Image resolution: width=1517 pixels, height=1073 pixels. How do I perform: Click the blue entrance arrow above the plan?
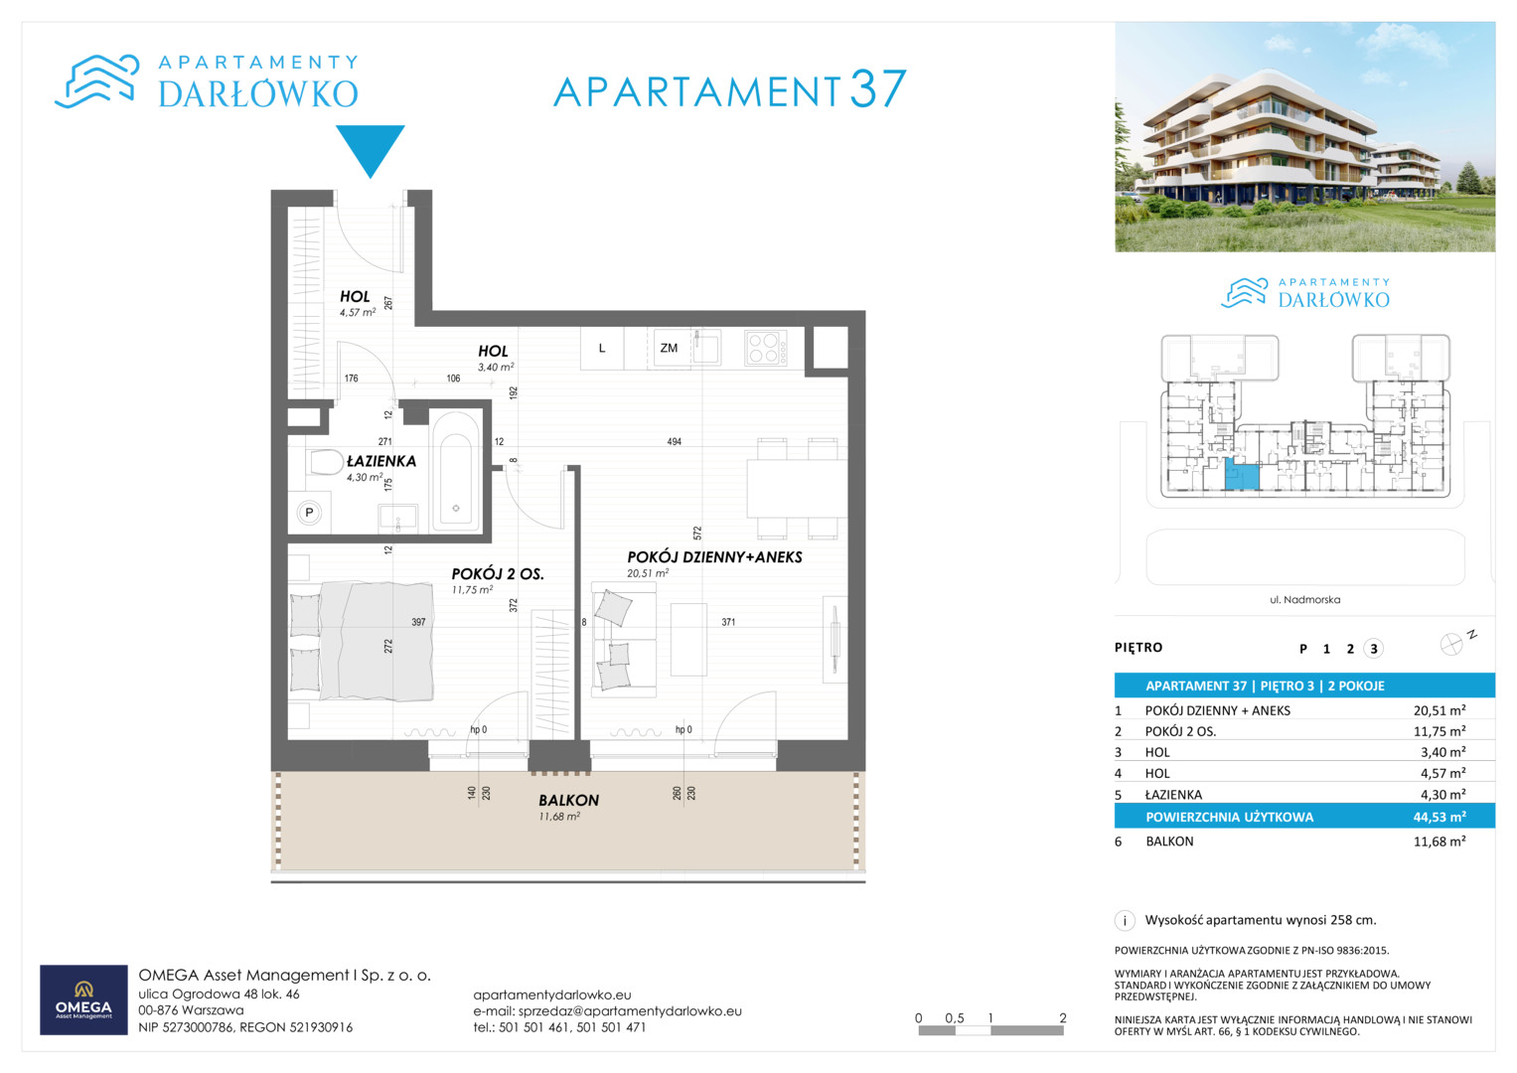pyautogui.click(x=371, y=148)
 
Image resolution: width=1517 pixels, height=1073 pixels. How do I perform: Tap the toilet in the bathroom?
pyautogui.click(x=326, y=463)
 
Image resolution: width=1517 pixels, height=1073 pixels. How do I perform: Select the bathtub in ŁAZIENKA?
pyautogui.click(x=456, y=472)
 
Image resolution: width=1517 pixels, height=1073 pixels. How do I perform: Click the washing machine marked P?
pyautogui.click(x=310, y=513)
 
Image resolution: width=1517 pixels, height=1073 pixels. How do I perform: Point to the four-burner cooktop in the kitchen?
pyautogui.click(x=765, y=348)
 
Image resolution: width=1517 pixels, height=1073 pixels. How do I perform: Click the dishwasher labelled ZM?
pyautogui.click(x=669, y=348)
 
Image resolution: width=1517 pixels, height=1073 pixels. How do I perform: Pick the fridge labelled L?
pyautogui.click(x=602, y=348)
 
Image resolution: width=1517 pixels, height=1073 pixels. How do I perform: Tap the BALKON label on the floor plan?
pyautogui.click(x=569, y=800)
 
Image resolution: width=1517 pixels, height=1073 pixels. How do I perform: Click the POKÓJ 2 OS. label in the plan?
pyautogui.click(x=498, y=574)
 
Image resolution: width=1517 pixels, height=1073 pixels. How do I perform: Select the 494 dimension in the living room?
pyautogui.click(x=674, y=442)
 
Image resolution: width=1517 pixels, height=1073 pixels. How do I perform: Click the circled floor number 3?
pyautogui.click(x=1373, y=649)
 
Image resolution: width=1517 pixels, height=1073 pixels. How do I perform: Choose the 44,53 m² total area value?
pyautogui.click(x=1440, y=817)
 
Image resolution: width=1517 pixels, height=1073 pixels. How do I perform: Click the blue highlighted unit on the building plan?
pyautogui.click(x=1242, y=474)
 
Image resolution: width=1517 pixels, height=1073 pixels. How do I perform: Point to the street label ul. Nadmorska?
pyautogui.click(x=1305, y=599)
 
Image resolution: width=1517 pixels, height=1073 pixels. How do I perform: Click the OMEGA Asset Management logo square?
pyautogui.click(x=84, y=999)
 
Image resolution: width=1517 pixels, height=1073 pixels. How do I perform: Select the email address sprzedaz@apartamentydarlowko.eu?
pyautogui.click(x=630, y=1011)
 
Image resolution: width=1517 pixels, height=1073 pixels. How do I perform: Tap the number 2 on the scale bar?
pyautogui.click(x=1063, y=1018)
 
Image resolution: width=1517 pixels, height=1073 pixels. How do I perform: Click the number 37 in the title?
pyautogui.click(x=877, y=88)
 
